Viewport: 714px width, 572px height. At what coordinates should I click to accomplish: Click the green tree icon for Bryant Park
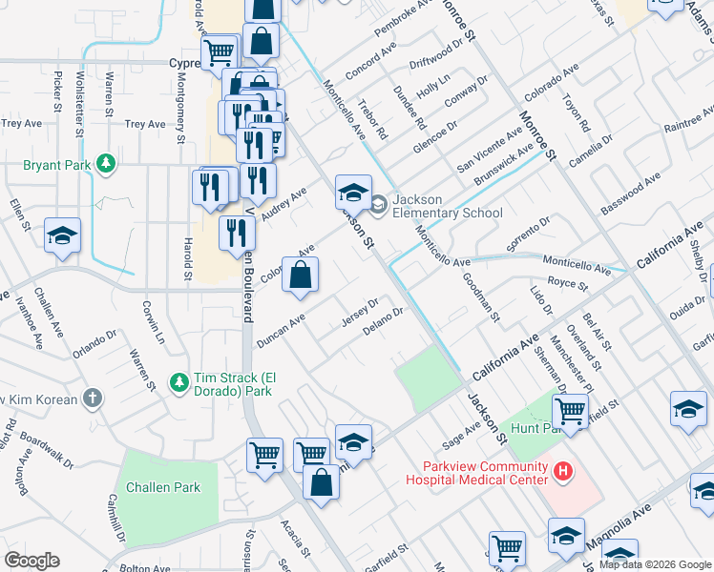pos(105,165)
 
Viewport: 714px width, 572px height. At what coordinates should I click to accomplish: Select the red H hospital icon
pos(563,470)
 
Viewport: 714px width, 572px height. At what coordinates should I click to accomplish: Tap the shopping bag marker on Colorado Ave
pos(300,276)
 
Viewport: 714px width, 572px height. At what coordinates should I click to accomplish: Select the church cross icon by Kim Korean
pos(92,398)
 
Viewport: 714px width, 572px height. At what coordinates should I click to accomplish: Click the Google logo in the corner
pos(31,561)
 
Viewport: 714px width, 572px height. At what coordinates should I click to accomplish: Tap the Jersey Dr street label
pos(360,313)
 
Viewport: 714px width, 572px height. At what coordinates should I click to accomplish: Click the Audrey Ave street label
pos(284,204)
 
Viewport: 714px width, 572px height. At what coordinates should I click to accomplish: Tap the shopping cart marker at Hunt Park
pos(570,413)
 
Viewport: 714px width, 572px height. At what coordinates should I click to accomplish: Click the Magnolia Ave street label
pos(630,527)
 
